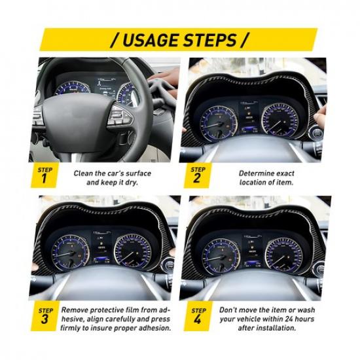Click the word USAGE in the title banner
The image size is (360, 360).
[149, 41]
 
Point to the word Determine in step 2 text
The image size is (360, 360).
[257, 173]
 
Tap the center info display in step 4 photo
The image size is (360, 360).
[253, 248]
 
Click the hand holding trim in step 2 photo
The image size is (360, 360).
[319, 119]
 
